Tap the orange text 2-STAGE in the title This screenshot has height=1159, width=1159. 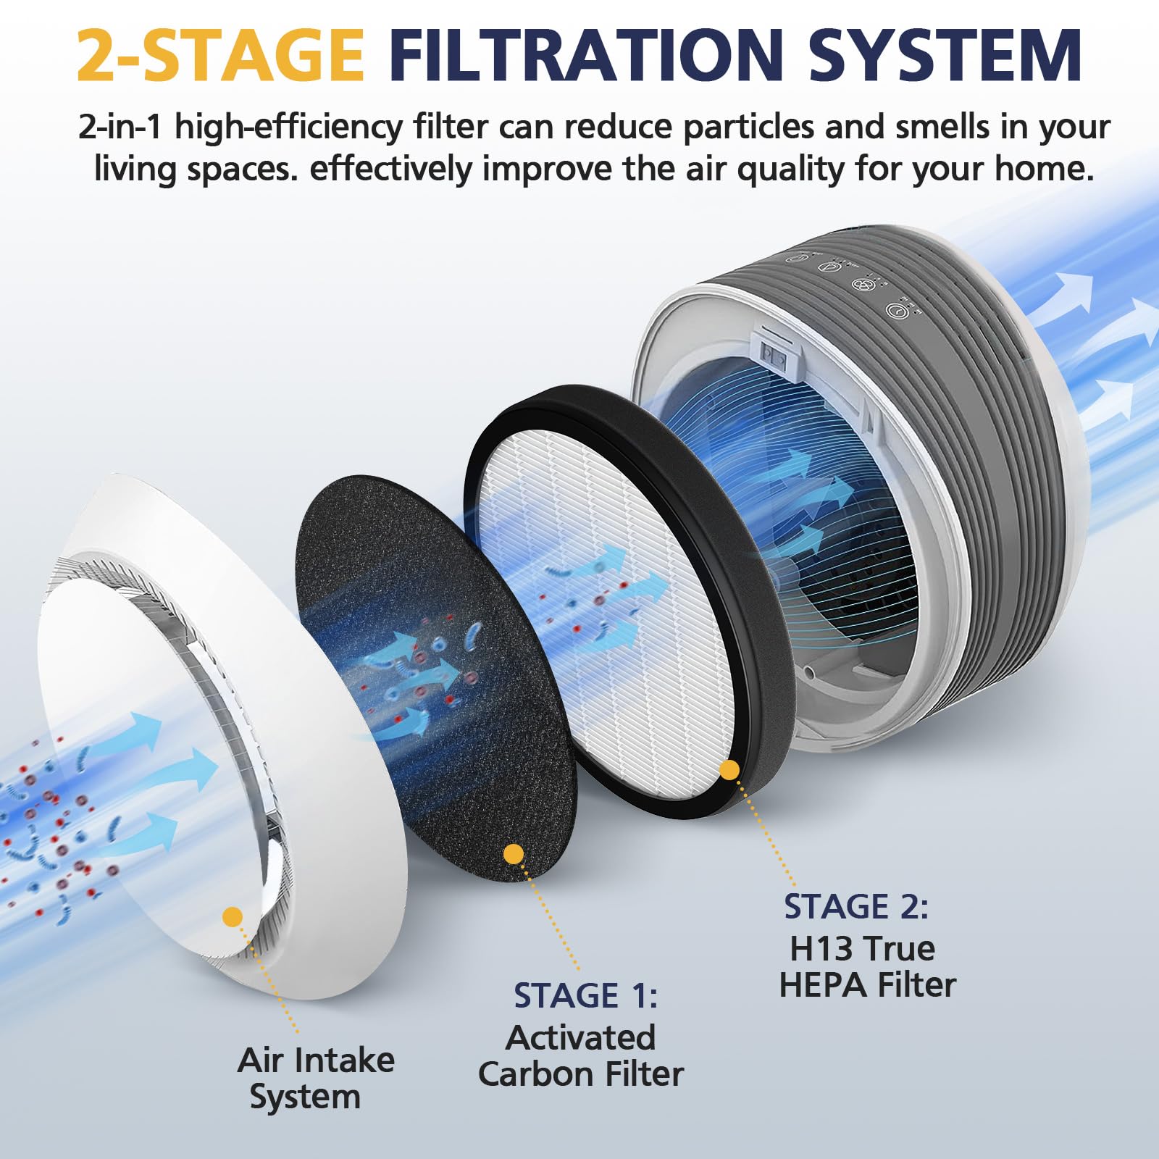220,55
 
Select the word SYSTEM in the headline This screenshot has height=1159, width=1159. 945,55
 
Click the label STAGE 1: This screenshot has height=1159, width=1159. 585,996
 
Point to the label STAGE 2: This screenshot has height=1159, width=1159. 856,907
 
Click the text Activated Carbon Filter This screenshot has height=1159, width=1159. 581,1056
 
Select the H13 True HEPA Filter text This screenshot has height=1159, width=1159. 866,967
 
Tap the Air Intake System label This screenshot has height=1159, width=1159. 315,1079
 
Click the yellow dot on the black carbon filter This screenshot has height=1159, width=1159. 514,854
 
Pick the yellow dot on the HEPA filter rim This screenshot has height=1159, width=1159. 729,770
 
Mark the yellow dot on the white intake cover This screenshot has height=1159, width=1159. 233,916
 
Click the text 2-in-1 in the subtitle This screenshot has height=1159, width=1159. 122,127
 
